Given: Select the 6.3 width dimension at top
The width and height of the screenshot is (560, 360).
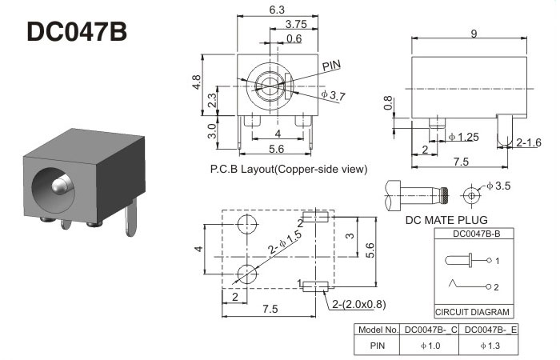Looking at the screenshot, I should coord(278,10).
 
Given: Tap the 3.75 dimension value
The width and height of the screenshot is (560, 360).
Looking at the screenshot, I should coord(296,24).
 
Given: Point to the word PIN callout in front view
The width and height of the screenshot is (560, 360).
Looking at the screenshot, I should coord(332,65).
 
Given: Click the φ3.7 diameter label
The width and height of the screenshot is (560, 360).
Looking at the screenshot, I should coord(333,96).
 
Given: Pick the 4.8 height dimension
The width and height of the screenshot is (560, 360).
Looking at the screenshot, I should coord(198,83).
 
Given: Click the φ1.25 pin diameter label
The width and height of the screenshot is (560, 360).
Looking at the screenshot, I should coord(463,137).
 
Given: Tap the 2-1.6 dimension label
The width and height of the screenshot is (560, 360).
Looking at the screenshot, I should coord(529,143).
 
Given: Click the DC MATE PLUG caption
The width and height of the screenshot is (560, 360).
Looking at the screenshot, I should coord(446,219).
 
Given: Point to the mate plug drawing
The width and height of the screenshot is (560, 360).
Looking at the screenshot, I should coord(418,194).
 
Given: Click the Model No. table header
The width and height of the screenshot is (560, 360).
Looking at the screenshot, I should coord(378,330).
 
